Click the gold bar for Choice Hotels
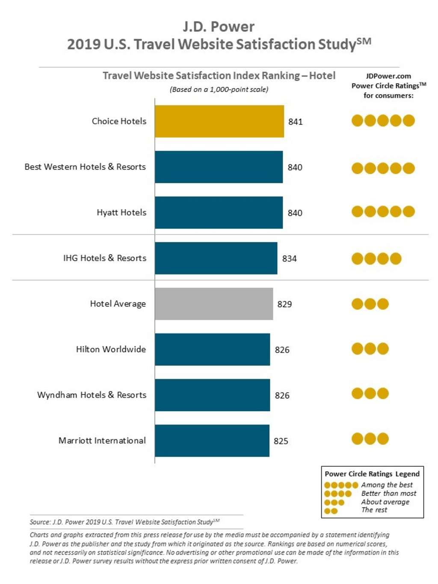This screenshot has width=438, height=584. tap(219, 121)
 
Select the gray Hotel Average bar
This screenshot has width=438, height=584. tap(213, 304)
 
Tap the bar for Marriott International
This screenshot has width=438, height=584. tap(212, 441)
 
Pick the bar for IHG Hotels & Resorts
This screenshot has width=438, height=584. tap(216, 258)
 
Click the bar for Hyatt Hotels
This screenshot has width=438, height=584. tap(219, 213)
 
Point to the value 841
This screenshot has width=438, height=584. tap(295, 122)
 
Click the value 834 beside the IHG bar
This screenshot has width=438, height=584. tap(289, 258)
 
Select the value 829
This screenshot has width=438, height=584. tap(284, 304)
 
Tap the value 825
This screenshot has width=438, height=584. tap(281, 441)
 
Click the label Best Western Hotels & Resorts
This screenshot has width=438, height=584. tap(85, 167)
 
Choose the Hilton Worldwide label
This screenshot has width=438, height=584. tap(111, 349)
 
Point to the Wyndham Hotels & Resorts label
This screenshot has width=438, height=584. tap(92, 395)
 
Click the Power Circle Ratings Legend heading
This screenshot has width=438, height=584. tap(372, 474)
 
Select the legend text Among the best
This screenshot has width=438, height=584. tap(387, 485)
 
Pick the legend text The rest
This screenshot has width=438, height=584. tap(374, 510)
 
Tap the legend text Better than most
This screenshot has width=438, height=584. tap(388, 493)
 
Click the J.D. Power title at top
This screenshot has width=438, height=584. tap(219, 27)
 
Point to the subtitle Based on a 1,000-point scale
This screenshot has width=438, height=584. tap(219, 89)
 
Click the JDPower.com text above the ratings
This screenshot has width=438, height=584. tap(388, 76)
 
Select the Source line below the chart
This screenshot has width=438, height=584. tap(124, 522)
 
